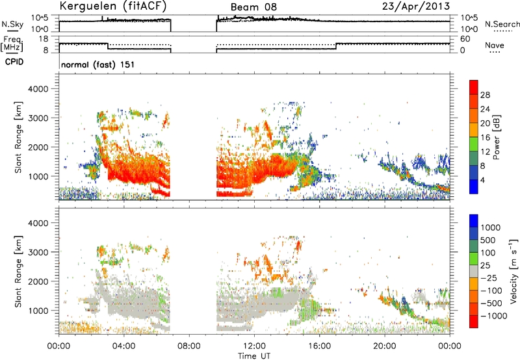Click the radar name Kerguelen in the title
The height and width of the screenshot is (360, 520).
point(88,6)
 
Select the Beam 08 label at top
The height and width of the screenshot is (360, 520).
point(253,7)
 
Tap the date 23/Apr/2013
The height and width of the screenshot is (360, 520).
point(416,6)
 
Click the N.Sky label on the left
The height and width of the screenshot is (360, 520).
point(12,24)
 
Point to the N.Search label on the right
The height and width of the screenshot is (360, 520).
point(502,24)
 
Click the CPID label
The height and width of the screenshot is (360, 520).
point(14,62)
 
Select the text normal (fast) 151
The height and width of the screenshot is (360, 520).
point(98,64)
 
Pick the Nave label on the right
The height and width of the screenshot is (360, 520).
point(495,45)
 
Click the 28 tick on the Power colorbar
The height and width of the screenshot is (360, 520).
point(485,95)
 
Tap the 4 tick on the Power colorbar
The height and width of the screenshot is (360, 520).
point(482,180)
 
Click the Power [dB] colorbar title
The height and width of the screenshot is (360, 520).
point(496,137)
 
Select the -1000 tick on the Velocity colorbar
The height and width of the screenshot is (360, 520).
point(494,316)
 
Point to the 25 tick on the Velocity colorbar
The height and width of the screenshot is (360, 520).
point(486,266)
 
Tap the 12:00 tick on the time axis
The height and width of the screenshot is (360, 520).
point(254,346)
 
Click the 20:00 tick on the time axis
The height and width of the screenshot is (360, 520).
point(385,346)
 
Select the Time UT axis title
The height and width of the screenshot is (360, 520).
point(254,356)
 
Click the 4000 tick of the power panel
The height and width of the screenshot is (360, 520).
point(38,89)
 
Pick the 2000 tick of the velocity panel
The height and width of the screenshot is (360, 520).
point(38,281)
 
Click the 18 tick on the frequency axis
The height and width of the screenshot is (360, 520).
point(44,39)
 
